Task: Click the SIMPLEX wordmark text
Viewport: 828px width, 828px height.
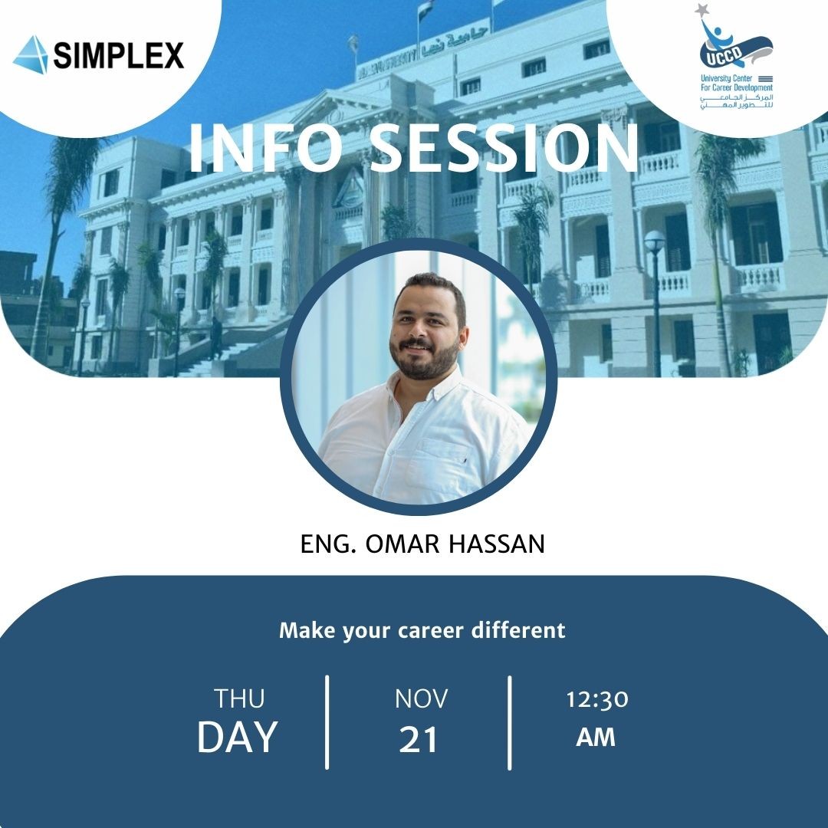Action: [119, 55]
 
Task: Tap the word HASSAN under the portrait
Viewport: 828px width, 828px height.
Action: [497, 544]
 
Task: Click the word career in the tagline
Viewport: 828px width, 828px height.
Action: [431, 630]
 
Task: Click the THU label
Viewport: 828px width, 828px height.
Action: [239, 698]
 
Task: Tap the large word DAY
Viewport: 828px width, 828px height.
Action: [238, 737]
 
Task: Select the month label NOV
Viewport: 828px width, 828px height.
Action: [422, 698]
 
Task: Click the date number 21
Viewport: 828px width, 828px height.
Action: [419, 739]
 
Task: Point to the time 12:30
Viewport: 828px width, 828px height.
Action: [597, 700]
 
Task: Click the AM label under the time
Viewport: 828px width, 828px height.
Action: [596, 738]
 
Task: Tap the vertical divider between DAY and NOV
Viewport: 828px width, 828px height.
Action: [327, 722]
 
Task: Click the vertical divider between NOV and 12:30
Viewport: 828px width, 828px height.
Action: [510, 723]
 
